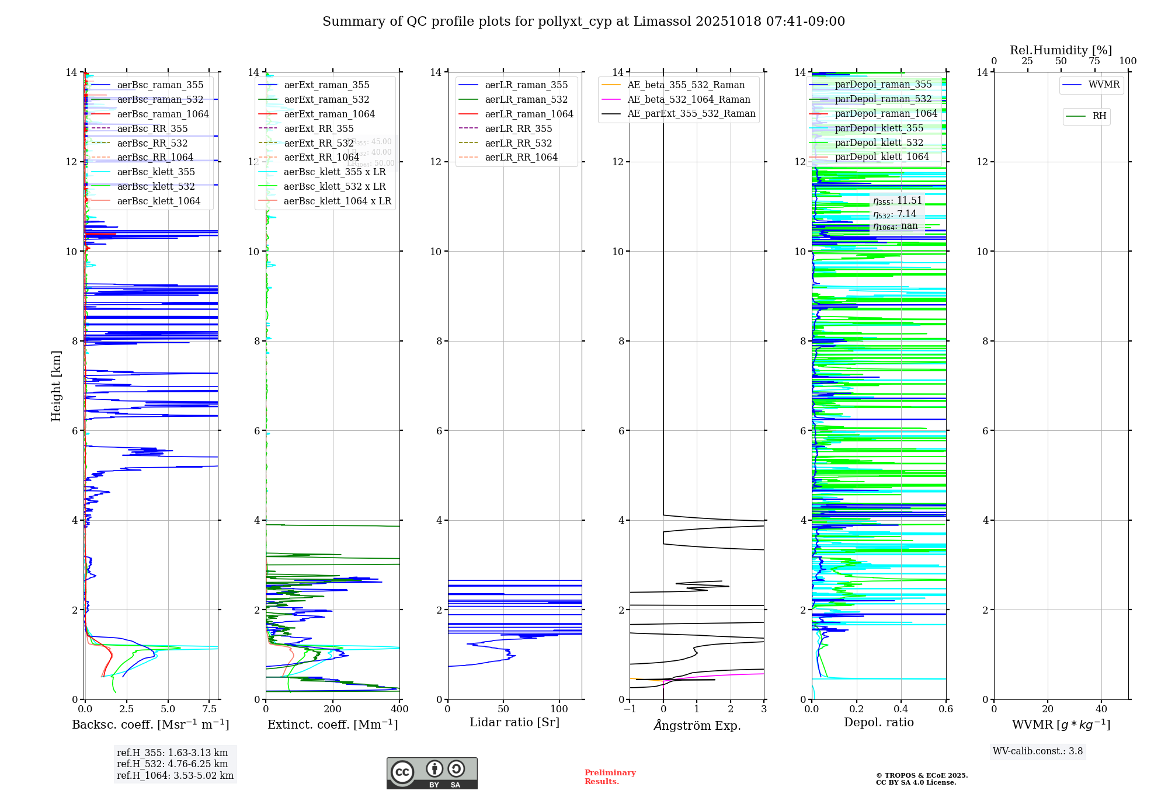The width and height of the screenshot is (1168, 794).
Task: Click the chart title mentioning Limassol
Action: point(583,22)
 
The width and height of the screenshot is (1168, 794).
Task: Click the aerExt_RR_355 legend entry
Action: point(319,128)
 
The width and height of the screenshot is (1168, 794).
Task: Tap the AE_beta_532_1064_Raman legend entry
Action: point(689,99)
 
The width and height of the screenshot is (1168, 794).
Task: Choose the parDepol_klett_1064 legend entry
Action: point(881,156)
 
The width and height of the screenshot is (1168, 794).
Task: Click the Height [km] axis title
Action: point(56,386)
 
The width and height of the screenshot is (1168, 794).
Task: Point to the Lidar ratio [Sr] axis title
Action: point(515,722)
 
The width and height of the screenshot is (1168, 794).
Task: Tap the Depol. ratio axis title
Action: point(878,722)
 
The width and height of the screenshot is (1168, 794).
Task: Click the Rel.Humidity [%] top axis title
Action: point(1061,50)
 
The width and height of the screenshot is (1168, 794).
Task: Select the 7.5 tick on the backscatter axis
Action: point(210,709)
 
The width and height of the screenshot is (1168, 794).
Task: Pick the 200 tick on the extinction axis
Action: point(333,709)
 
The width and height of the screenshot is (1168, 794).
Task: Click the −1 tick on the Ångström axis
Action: point(630,709)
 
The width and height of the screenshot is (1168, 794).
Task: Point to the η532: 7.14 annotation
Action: point(895,214)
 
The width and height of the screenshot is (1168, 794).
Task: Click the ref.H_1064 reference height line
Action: point(175,775)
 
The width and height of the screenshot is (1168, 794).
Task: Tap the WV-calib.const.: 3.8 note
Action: point(1038,751)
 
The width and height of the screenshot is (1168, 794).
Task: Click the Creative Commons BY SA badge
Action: point(432,774)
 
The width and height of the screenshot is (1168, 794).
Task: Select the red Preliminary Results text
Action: point(610,777)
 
